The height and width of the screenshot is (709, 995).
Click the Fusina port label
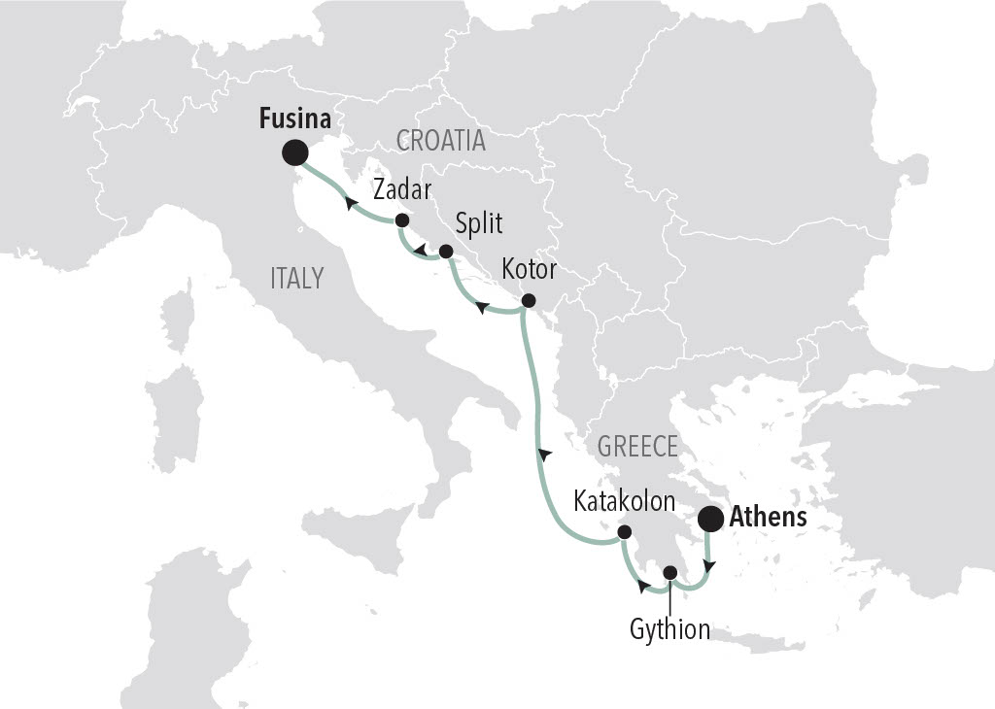[x=294, y=120]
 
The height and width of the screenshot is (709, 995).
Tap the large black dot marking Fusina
[x=294, y=152]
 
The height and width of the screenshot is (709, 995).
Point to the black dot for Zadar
[x=401, y=220]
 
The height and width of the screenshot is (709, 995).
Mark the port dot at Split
[x=446, y=252]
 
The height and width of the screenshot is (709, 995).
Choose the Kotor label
[x=530, y=269]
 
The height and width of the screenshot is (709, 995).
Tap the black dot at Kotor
[x=529, y=300]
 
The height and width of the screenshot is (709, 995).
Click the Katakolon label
[x=624, y=501]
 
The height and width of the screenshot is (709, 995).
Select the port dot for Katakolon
[x=624, y=531]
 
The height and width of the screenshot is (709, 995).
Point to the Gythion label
[x=669, y=628]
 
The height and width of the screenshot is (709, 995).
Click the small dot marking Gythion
[x=669, y=571]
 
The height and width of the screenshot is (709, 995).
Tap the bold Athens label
[x=768, y=518]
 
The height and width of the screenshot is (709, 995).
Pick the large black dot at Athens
[x=710, y=520]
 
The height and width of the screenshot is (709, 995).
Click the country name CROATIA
[x=441, y=141]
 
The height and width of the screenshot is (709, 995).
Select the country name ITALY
[x=297, y=279]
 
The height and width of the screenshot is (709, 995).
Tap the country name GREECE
[x=637, y=447]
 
